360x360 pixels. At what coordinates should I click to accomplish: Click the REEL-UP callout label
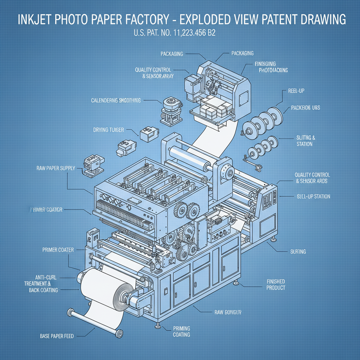296,91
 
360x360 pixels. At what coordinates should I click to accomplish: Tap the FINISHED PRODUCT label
276,285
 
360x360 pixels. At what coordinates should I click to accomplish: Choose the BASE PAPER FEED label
57,336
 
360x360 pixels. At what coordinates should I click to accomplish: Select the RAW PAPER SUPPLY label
56,168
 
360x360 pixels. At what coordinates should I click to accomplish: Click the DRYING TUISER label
108,130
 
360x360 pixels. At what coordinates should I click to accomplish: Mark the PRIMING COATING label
181,332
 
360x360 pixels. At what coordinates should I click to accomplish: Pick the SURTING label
298,252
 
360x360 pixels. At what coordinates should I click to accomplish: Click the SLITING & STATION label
304,141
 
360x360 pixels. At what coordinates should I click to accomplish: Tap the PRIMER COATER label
58,250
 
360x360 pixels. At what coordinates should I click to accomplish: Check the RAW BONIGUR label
228,312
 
